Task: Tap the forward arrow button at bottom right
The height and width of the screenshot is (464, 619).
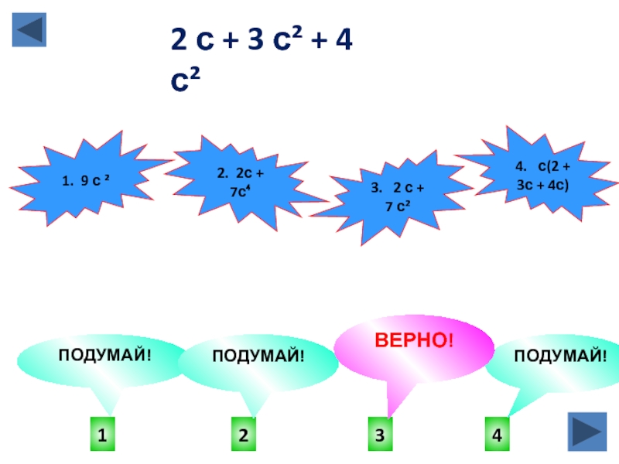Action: click(x=587, y=432)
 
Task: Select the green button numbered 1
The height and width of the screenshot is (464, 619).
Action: click(x=101, y=436)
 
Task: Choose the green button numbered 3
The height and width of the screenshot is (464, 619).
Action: click(x=379, y=436)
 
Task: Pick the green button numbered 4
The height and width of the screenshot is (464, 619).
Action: click(x=498, y=436)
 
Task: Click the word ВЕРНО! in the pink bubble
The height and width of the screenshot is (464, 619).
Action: click(x=414, y=340)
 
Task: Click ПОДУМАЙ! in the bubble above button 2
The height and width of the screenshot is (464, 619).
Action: click(x=258, y=355)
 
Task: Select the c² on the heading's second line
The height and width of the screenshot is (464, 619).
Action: click(x=186, y=79)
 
